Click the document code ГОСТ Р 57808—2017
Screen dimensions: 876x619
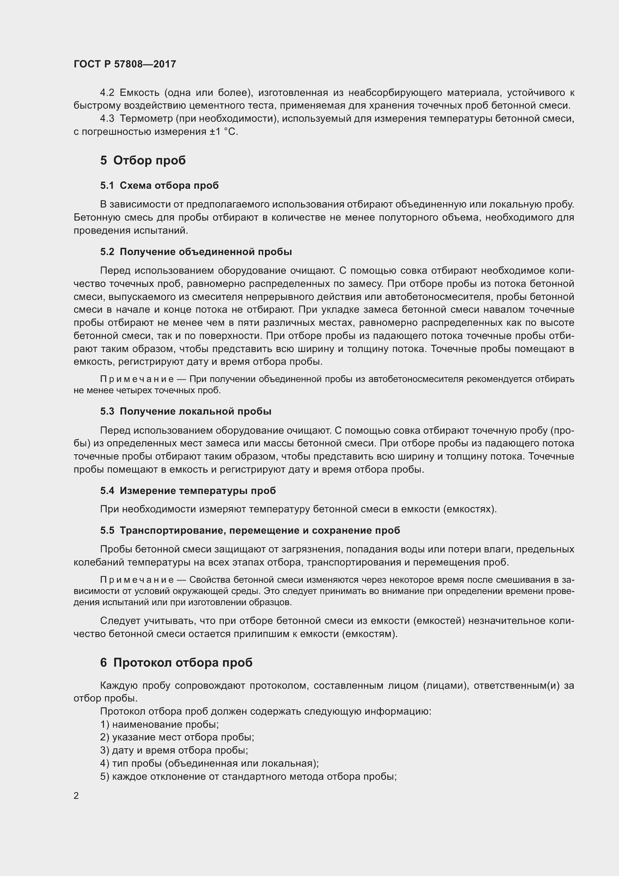point(125,64)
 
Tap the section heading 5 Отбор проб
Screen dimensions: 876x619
point(143,160)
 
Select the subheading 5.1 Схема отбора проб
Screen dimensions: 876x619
point(159,185)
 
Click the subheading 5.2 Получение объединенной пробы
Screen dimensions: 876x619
point(196,252)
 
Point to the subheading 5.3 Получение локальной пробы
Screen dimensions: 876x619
point(186,411)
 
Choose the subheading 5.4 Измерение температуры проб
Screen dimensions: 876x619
point(188,491)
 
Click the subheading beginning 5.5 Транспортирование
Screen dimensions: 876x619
point(250,530)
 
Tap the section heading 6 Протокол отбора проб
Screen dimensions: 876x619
point(176,663)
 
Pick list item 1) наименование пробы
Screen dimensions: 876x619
point(159,725)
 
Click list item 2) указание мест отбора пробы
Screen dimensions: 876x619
point(177,737)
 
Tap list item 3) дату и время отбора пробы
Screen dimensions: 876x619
point(174,751)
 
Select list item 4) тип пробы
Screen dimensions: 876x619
point(209,763)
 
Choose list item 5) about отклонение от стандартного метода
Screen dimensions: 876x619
point(248,776)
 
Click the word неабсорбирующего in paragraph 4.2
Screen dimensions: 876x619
point(395,93)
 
